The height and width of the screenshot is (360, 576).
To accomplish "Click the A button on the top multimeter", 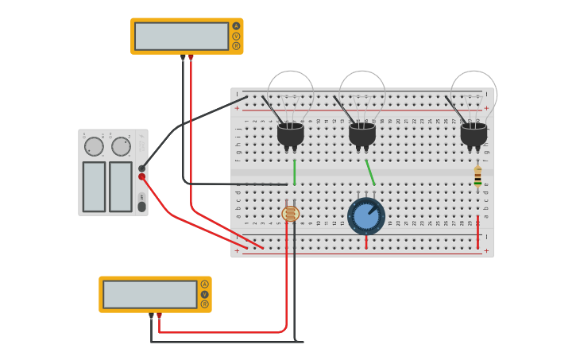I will [236, 26].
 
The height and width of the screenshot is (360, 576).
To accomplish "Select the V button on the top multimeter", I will [236, 36].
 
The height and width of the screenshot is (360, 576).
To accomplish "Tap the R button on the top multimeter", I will [236, 45].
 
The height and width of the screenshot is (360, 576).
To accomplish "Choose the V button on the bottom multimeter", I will [204, 294].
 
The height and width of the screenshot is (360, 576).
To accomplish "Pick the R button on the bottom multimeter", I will [204, 304].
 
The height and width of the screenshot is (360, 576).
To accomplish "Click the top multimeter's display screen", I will [182, 36].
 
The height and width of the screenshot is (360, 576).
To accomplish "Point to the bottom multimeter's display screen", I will [150, 294].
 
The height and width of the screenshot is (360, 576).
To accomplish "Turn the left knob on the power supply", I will [94, 147].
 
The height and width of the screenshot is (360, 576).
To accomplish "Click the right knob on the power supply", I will [121, 147].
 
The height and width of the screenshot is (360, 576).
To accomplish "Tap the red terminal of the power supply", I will [142, 176].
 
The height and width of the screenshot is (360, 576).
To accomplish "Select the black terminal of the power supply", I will [142, 168].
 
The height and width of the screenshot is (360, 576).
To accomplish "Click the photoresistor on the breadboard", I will [291, 213].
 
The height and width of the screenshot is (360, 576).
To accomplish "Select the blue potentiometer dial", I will [366, 216].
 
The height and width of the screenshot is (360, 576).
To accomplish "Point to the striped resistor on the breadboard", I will [477, 176].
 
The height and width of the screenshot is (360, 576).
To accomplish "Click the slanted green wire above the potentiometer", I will [369, 172].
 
